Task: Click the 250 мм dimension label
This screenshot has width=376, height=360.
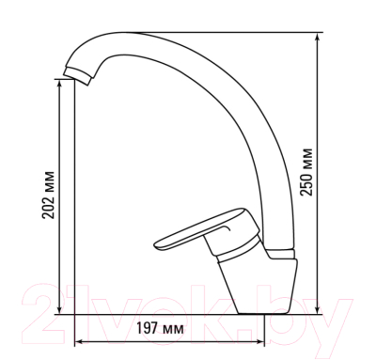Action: point(306,172)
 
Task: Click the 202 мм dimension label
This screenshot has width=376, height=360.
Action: point(49,195)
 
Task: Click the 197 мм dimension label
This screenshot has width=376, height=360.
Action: point(160,328)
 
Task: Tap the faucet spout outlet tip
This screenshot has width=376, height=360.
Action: point(78,76)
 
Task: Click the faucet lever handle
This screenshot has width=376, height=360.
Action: point(207,229)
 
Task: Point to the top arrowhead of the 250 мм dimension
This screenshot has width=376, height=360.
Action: point(318,38)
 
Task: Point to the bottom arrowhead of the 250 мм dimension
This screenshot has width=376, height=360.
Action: point(318,309)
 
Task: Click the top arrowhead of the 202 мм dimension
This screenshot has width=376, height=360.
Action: point(59,84)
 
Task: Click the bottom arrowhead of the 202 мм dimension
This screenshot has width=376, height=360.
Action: point(59,309)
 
